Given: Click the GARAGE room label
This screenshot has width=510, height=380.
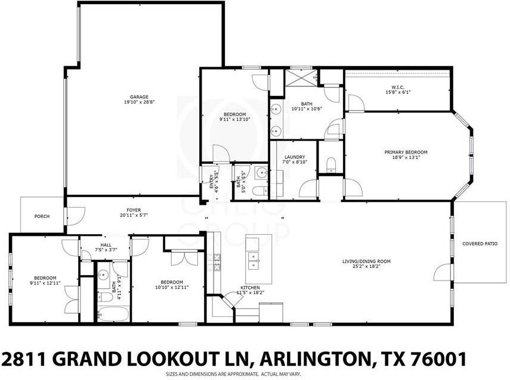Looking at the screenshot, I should click(139, 96).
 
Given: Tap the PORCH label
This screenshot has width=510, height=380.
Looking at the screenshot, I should click(41, 216).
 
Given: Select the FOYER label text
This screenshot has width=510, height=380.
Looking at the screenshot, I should click(133, 210).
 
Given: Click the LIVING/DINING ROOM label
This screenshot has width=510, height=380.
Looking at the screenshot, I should click(366, 261).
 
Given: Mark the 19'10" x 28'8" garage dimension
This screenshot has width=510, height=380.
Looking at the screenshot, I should click(139, 102).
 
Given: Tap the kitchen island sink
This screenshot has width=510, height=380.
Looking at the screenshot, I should click(255, 260).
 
